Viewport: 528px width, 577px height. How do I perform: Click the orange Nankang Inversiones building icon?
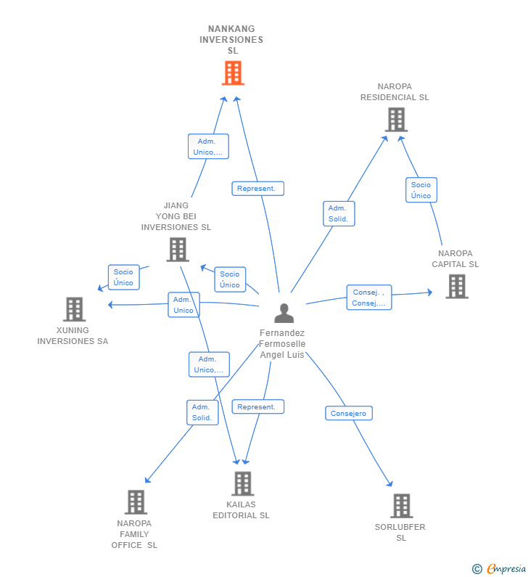coord(233,73)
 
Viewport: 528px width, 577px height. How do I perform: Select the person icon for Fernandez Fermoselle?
coord(284,313)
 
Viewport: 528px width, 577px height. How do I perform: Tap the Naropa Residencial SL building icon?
coord(396,120)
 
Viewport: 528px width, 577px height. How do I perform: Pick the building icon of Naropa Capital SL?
coord(456,286)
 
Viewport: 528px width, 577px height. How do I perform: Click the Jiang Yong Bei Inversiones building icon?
coord(177,249)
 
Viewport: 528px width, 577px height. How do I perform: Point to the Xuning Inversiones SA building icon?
coord(74,309)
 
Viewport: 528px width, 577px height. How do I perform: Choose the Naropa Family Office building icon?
coord(136,502)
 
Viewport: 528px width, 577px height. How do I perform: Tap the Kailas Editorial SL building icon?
coord(242,483)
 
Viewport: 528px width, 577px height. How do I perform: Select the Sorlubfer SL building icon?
coord(401,506)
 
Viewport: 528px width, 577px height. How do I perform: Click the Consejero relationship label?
coord(349,413)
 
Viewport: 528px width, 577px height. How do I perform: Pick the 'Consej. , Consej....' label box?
coord(369,298)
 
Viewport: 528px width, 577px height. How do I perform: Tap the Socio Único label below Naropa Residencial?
coord(421,190)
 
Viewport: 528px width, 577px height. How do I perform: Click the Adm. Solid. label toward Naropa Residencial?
coord(338,213)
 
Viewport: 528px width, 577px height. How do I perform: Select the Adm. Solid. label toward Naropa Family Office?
coord(202,412)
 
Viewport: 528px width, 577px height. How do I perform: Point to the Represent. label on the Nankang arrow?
coord(257,189)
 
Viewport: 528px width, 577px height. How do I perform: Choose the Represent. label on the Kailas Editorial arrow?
coord(257,407)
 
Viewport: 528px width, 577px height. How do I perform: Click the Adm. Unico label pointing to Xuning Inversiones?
coord(183,305)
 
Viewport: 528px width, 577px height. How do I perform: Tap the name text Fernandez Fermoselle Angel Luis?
coord(283,344)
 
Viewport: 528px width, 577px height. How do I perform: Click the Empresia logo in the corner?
coord(500,568)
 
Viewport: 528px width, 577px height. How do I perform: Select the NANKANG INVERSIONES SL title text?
coord(231,40)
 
